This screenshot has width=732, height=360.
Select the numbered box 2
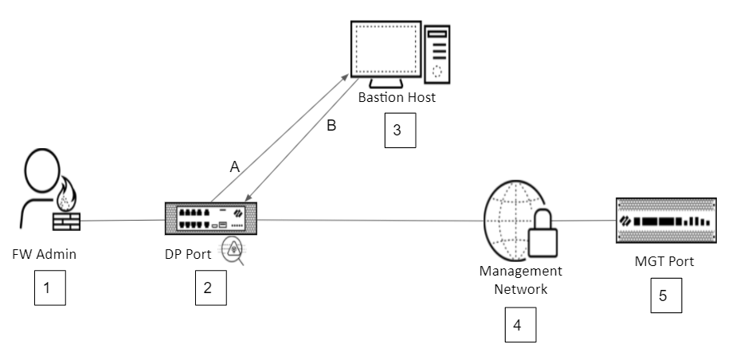(209, 288)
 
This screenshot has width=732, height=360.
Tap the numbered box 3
(400, 131)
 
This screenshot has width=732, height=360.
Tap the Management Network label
(513, 280)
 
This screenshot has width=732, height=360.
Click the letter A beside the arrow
(234, 167)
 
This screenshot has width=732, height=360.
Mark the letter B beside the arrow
(333, 125)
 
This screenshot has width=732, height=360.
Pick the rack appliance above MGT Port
(664, 219)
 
